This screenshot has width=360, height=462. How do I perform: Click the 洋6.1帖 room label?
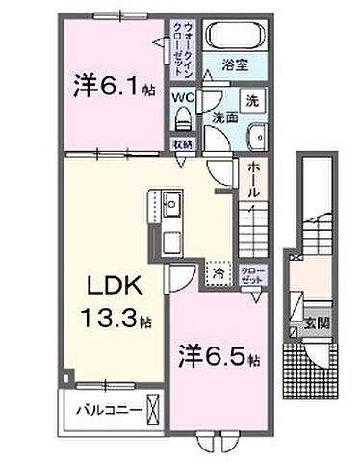click(x=109, y=86)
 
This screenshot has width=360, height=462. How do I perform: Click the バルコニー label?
click(x=105, y=410)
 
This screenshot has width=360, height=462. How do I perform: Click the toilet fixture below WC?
click(x=183, y=120)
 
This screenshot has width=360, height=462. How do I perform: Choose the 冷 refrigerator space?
click(x=219, y=274)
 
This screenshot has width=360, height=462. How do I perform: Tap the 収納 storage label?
click(x=181, y=144)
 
